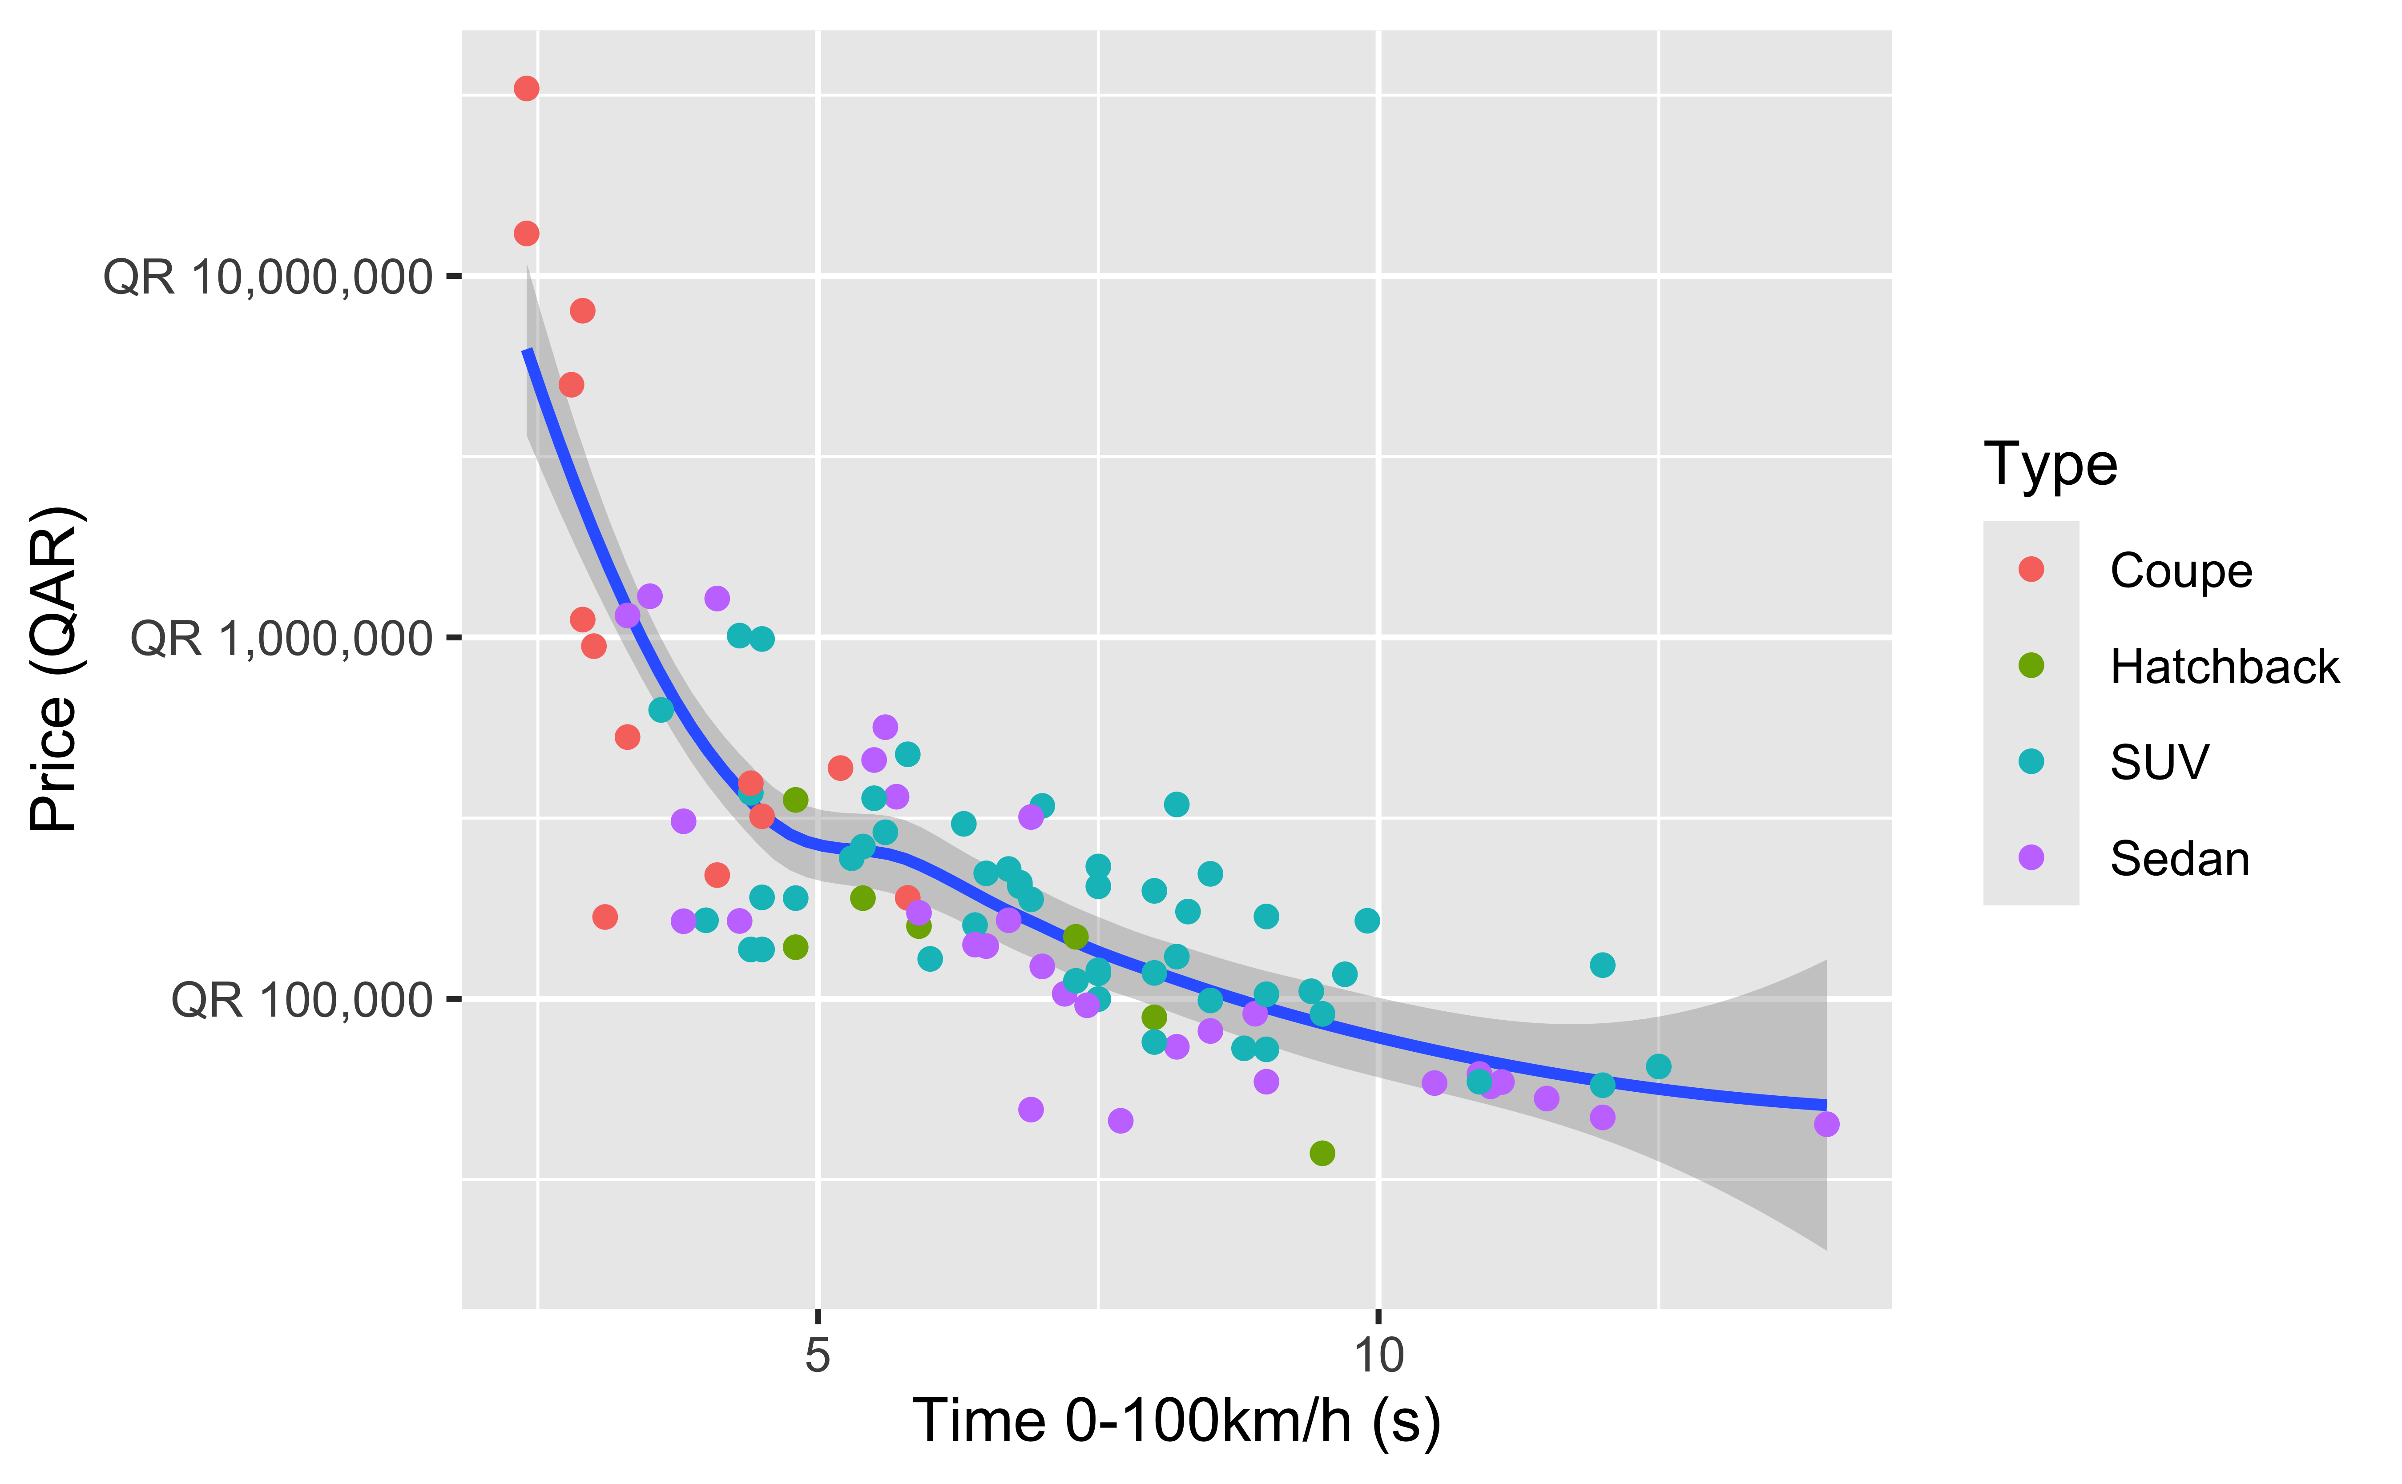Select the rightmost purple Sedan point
tap(1826, 1124)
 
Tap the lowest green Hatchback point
tap(1322, 1153)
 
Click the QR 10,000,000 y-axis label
tap(267, 278)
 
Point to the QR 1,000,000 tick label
tap(281, 639)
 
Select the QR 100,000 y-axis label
tap(301, 1000)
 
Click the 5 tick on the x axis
tap(818, 1355)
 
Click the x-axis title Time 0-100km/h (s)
tap(1176, 1420)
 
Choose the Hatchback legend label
tap(2225, 667)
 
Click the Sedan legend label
tap(2179, 859)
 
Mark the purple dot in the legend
tap(2031, 858)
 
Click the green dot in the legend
tap(2031, 665)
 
